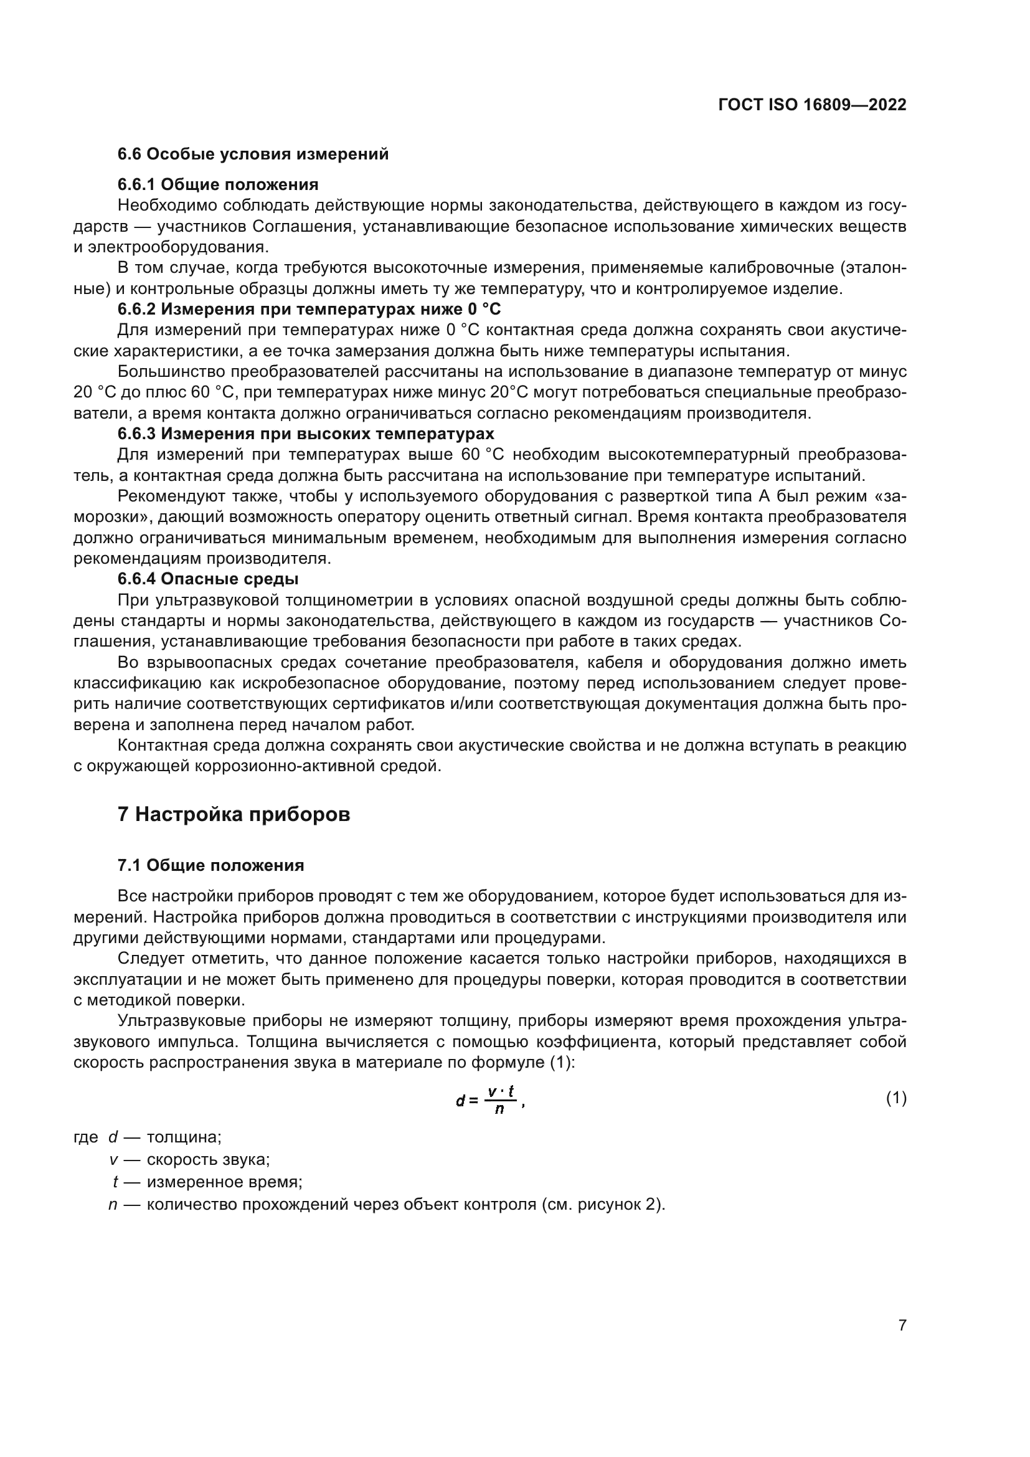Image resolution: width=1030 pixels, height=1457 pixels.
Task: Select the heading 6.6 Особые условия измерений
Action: (x=253, y=154)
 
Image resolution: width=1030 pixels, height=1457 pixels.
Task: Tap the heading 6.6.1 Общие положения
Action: (x=217, y=184)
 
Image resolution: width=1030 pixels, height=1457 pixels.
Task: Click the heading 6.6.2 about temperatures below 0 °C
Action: (x=309, y=310)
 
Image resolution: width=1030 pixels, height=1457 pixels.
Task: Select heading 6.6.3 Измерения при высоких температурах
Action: (x=306, y=434)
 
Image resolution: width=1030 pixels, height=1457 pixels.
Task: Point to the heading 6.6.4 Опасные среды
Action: (x=208, y=579)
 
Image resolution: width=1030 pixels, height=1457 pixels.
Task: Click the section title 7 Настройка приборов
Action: (x=234, y=814)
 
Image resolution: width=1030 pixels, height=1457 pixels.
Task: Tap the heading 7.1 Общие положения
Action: (x=210, y=866)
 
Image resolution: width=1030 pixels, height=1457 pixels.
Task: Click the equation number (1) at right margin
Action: (x=895, y=1098)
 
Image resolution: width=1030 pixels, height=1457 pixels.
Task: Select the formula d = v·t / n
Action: (x=489, y=1099)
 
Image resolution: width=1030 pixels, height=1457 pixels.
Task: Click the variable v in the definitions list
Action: (x=113, y=1159)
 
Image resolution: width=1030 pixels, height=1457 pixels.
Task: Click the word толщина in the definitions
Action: (x=183, y=1137)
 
